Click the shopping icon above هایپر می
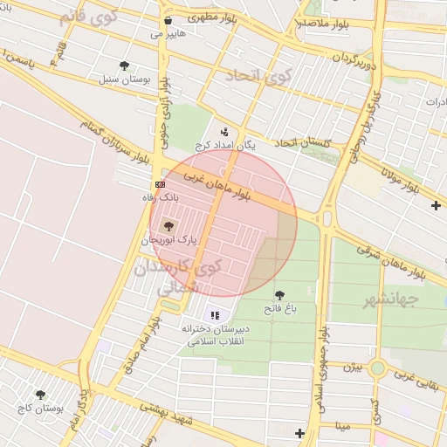coord(168,20)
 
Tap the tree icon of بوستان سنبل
coord(124,65)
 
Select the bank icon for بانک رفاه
coord(160,185)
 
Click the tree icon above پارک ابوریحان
coord(168,225)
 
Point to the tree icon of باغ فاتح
coord(279,295)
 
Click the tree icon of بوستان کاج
coord(39,395)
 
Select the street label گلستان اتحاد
coord(306,142)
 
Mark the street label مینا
coord(336,426)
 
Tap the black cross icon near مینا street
coord(300,433)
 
